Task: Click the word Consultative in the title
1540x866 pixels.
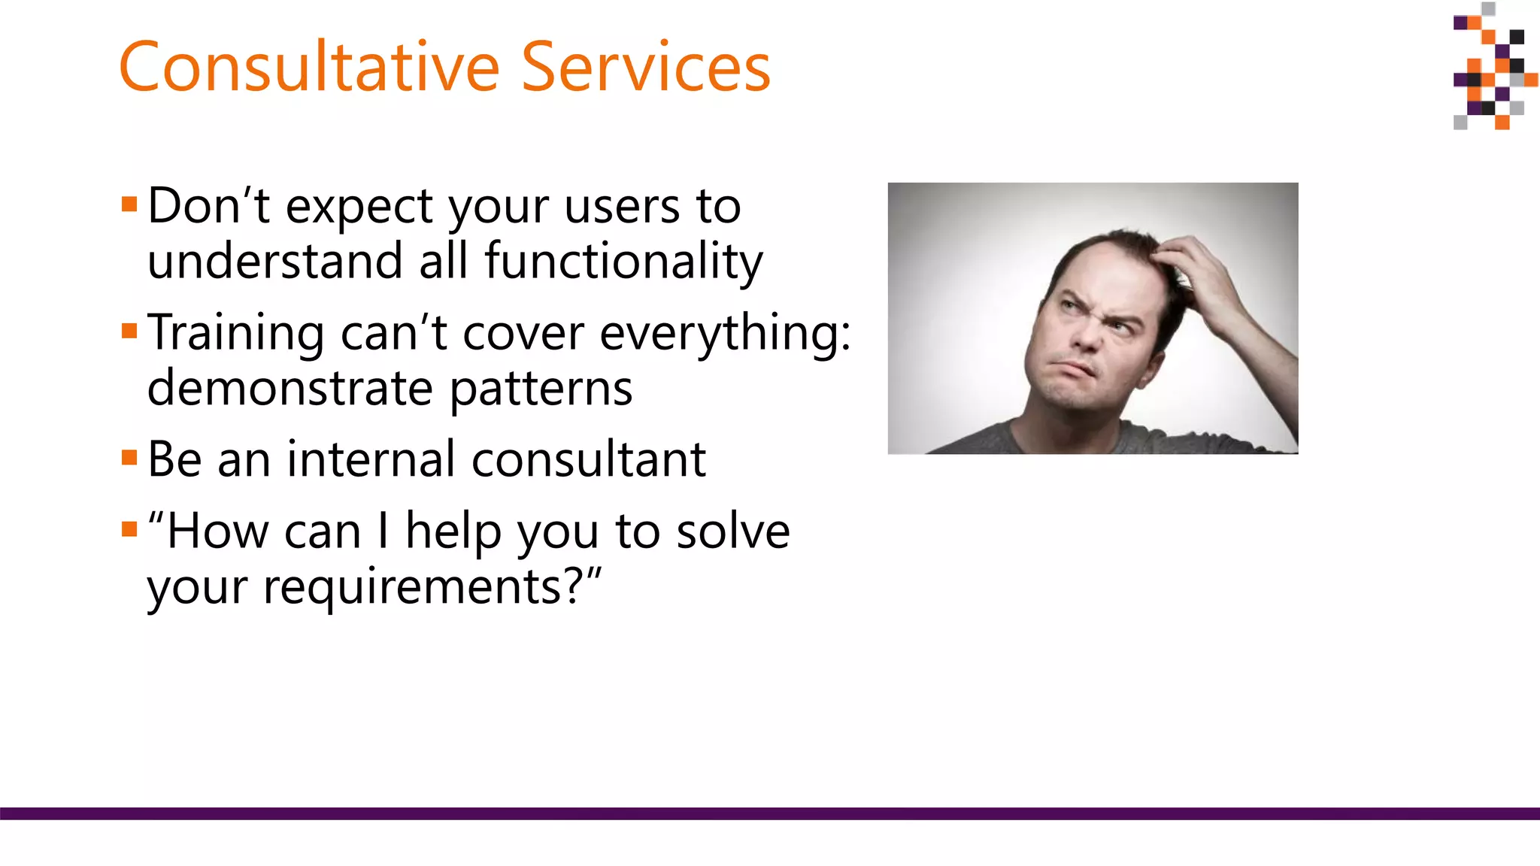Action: (x=309, y=68)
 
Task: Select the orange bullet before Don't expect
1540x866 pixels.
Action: (x=129, y=204)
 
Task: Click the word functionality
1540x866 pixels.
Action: (x=623, y=262)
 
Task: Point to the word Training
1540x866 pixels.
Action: (x=235, y=333)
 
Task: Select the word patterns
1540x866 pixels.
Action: (x=541, y=389)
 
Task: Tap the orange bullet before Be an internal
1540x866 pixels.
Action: (x=129, y=458)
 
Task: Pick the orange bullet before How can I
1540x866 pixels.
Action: (x=129, y=529)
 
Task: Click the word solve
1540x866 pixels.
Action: (x=732, y=531)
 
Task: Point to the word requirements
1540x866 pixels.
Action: (x=421, y=587)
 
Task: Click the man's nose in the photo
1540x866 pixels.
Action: (x=1089, y=335)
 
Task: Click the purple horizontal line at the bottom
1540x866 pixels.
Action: (x=770, y=813)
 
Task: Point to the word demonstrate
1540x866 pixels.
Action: (x=290, y=389)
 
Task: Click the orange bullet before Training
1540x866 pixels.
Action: (x=129, y=331)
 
